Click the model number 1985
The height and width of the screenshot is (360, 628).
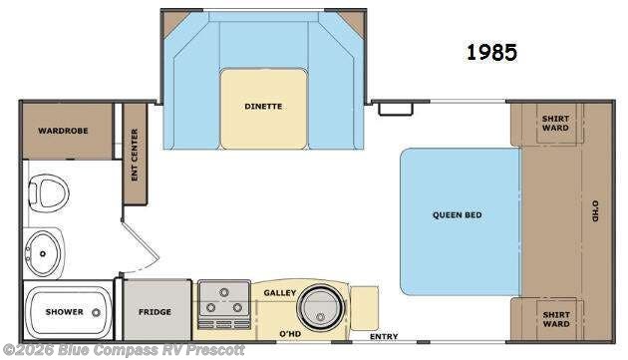click(491, 53)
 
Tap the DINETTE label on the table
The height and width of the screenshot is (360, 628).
click(263, 106)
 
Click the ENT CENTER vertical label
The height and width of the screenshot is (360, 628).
click(134, 157)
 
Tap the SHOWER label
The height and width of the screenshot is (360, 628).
click(64, 312)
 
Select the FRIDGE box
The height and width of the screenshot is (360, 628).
click(155, 312)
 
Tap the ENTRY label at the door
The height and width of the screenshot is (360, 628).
click(384, 337)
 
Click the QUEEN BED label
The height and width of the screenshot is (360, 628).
click(458, 213)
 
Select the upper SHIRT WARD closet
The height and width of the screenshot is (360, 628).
click(555, 123)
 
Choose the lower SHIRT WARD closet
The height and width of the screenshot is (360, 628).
click(555, 319)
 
